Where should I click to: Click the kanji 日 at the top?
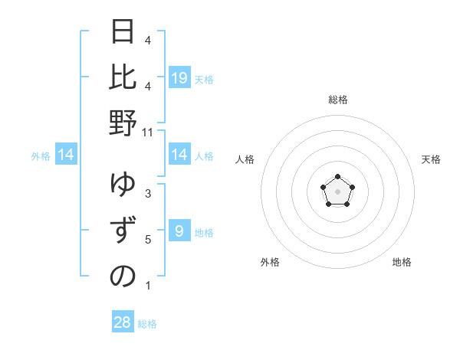123,32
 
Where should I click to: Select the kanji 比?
123,77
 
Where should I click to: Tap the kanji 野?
123,123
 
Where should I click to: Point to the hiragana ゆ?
123,186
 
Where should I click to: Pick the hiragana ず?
123,231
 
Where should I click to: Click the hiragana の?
123,276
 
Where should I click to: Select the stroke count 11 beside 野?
149,133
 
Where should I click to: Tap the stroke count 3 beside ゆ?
148,194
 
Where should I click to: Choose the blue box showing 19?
179,77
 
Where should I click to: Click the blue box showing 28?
122,322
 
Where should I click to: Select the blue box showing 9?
179,231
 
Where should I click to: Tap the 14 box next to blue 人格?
179,155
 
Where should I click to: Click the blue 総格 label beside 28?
147,324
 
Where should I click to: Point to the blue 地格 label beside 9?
204,232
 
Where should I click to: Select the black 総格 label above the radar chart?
337,100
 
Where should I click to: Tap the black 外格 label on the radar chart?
270,262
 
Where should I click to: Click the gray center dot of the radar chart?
337,191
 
